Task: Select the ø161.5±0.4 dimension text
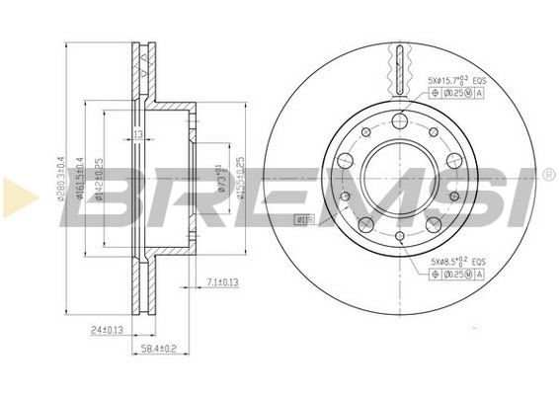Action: tap(81, 180)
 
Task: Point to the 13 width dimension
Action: tap(138, 135)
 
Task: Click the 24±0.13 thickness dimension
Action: tap(106, 330)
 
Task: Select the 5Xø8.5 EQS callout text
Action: tap(455, 261)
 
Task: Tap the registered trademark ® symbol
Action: tap(547, 176)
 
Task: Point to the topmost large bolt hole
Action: tap(399, 120)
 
